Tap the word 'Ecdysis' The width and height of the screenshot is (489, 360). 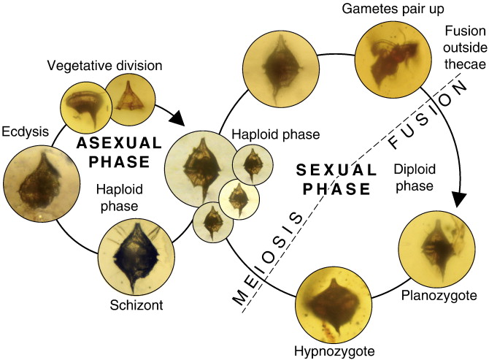tap(25, 133)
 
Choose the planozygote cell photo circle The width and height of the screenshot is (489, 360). tap(436, 245)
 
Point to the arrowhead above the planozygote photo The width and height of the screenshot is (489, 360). tap(459, 198)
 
